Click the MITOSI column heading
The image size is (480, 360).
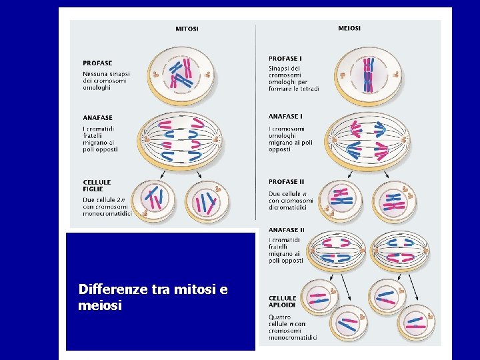[x=187, y=29]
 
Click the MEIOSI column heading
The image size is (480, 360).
[x=349, y=28]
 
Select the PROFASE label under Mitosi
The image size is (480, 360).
[x=97, y=63]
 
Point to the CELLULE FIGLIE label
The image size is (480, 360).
[x=97, y=185]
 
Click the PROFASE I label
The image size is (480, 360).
[x=285, y=59]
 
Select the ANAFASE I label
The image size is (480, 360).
[x=285, y=117]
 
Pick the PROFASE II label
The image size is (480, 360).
[x=287, y=181]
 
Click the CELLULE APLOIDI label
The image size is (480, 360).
[x=283, y=301]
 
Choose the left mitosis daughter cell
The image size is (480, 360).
[x=154, y=199]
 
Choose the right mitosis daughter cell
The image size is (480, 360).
[x=208, y=201]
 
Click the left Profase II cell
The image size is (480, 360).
[x=341, y=200]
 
